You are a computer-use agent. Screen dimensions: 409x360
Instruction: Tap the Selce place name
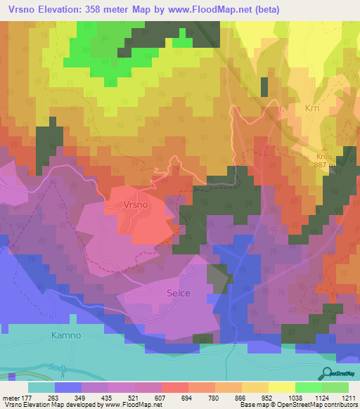(179, 293)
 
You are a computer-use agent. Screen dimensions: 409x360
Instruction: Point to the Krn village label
(313, 109)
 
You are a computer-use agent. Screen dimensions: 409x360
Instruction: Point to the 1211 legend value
(348, 397)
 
